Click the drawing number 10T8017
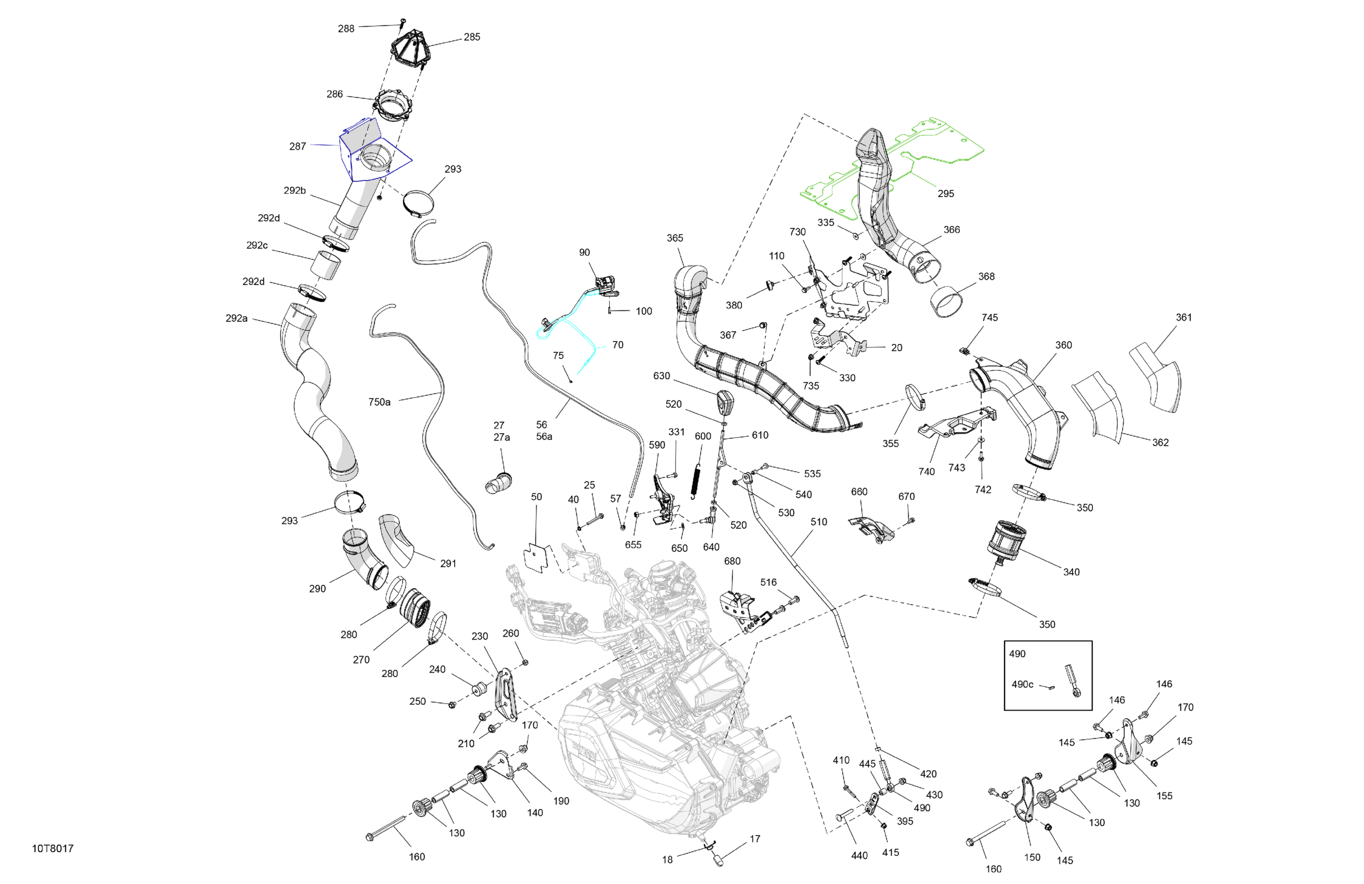(53, 849)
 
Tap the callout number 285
(472, 37)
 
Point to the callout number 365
(675, 238)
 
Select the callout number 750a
(379, 402)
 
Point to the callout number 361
(1183, 317)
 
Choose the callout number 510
(818, 522)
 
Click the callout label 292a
(237, 318)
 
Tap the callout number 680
(732, 561)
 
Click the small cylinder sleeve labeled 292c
(326, 265)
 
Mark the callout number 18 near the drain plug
(667, 860)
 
